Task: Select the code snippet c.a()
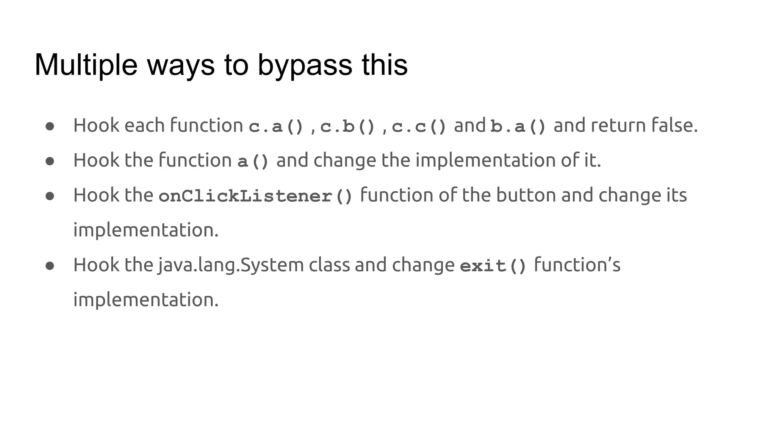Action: pyautogui.click(x=276, y=126)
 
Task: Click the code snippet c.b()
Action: pyautogui.click(x=347, y=126)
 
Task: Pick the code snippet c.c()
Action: pyautogui.click(x=419, y=126)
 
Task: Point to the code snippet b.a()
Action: pyautogui.click(x=518, y=126)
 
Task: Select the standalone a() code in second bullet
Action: pyautogui.click(x=253, y=161)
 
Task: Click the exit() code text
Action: pyautogui.click(x=493, y=266)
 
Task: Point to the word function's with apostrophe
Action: pyautogui.click(x=577, y=265)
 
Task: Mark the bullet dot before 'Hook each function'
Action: pyautogui.click(x=50, y=126)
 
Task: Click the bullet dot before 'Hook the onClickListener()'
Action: pyautogui.click(x=50, y=196)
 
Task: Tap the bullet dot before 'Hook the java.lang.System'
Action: pyautogui.click(x=50, y=266)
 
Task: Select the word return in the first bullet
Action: pyautogui.click(x=618, y=125)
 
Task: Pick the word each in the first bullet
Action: pyautogui.click(x=144, y=125)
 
